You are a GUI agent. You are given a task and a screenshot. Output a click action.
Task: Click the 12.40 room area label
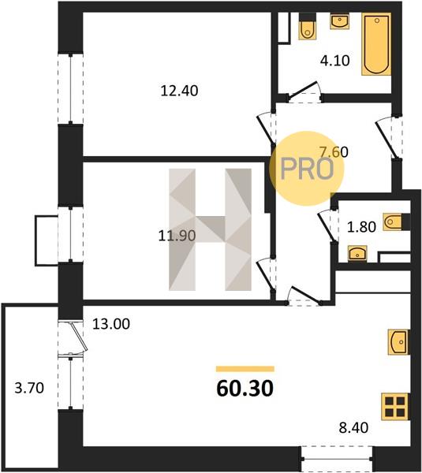179,91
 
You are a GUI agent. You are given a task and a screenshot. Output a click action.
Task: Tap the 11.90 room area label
177,236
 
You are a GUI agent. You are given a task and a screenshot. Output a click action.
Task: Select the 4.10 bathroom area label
335,61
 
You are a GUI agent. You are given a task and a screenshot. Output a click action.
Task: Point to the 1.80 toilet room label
361,227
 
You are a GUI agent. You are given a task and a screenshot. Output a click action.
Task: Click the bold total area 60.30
245,389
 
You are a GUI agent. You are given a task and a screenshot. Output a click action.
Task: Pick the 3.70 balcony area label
29,388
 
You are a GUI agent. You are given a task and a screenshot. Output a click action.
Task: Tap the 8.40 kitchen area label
353,427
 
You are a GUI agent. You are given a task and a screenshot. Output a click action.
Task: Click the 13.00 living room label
111,324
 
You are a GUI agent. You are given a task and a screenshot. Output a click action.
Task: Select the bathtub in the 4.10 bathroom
376,44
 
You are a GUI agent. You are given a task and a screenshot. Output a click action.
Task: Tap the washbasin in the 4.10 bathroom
340,21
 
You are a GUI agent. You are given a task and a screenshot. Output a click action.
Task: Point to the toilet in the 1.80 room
396,222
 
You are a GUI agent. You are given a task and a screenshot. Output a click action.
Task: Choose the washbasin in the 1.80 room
357,253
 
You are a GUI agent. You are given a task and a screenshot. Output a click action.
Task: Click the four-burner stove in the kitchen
395,406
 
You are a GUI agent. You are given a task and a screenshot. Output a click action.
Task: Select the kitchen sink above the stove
398,342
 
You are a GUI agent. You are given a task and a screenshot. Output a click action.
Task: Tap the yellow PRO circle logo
307,169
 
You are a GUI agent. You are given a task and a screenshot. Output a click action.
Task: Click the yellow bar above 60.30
245,369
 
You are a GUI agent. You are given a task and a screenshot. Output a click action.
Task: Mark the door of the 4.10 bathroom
304,91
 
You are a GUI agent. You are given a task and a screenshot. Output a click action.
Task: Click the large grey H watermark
210,229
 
